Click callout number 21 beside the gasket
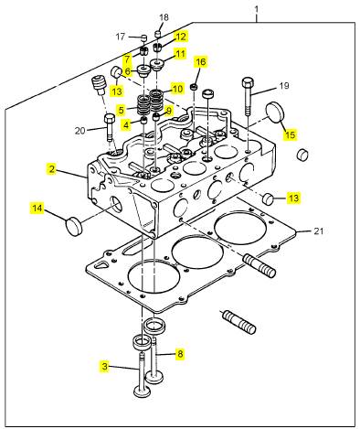(x=318, y=231)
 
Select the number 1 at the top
(x=257, y=9)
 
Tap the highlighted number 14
(x=37, y=209)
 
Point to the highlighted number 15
(x=291, y=134)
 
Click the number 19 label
(x=284, y=86)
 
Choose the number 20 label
(x=79, y=131)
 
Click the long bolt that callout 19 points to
(x=248, y=96)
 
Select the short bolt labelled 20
(x=110, y=127)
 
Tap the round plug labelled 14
(x=74, y=226)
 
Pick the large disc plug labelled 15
(x=275, y=112)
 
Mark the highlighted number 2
(x=52, y=169)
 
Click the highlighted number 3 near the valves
(x=104, y=366)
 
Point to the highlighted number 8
(x=180, y=354)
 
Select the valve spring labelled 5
(x=143, y=105)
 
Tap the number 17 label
(x=121, y=37)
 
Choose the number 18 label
(x=164, y=17)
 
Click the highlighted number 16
(x=201, y=62)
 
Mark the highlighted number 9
(x=168, y=110)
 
